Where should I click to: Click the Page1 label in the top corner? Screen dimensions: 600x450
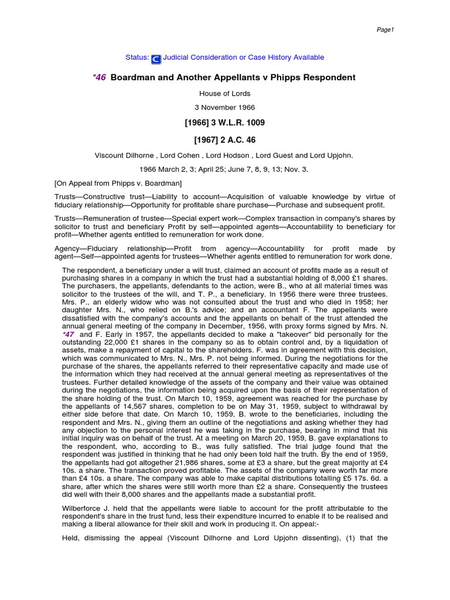click(385, 30)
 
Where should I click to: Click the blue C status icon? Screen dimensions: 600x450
click(156, 59)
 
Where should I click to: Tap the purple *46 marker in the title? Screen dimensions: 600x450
click(100, 77)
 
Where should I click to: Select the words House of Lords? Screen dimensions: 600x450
click(224, 93)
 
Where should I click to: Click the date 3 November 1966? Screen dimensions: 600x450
click(224, 107)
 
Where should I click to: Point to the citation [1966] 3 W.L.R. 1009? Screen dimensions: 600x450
click(224, 122)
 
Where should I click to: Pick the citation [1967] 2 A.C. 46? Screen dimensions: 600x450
click(224, 139)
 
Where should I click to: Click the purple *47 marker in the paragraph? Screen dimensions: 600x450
click(69, 333)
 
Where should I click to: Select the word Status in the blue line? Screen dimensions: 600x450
click(137, 57)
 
